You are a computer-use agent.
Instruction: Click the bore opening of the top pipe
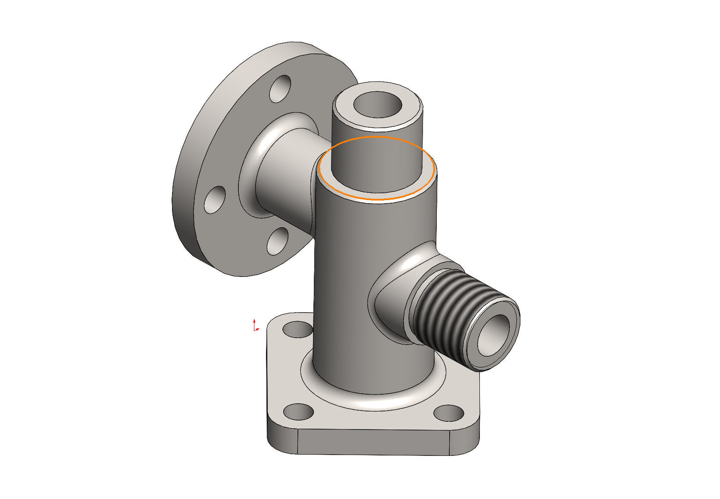(377, 105)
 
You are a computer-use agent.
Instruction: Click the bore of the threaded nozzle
(493, 335)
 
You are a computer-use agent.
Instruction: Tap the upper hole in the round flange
(280, 89)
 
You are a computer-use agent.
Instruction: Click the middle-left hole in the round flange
(215, 200)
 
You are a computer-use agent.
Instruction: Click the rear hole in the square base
(297, 329)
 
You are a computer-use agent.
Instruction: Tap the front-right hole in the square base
(448, 413)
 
